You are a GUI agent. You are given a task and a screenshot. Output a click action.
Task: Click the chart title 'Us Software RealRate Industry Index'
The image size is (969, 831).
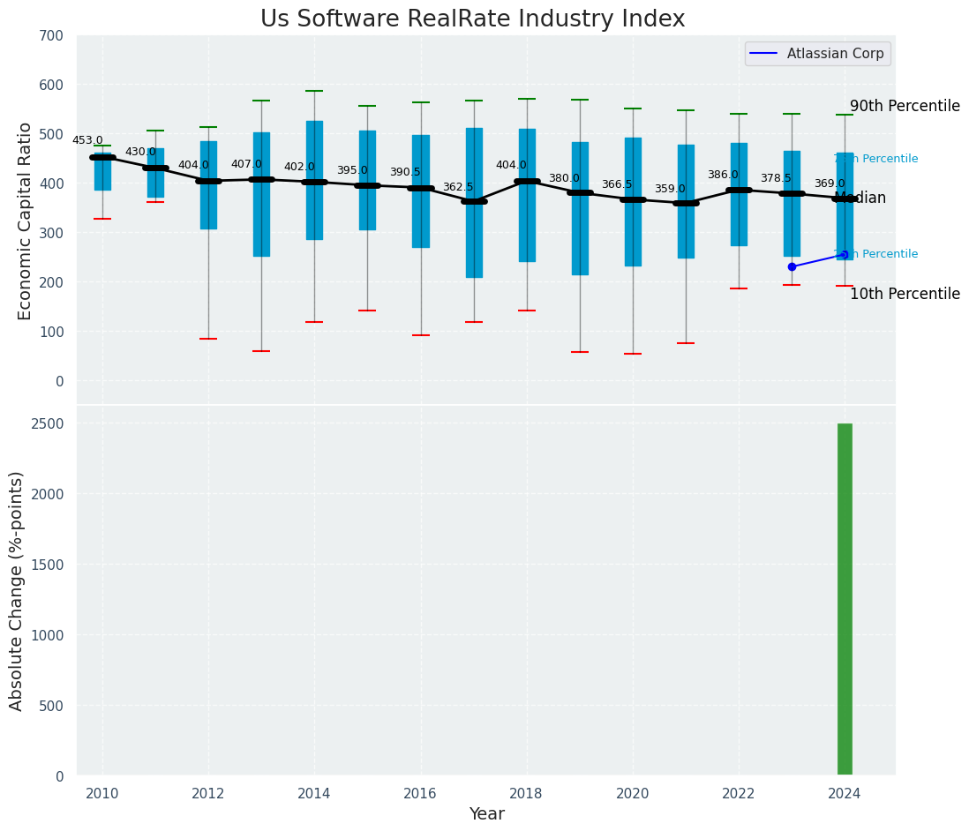pyautogui.click(x=472, y=19)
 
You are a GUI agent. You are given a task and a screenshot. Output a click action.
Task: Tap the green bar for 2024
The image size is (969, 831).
pyautogui.click(x=845, y=599)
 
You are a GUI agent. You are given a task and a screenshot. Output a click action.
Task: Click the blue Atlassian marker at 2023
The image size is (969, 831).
pyautogui.click(x=792, y=266)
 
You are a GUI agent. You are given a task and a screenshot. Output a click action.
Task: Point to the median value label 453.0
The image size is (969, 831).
pyautogui.click(x=87, y=140)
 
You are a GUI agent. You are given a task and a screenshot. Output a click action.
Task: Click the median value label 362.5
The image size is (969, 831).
pyautogui.click(x=458, y=187)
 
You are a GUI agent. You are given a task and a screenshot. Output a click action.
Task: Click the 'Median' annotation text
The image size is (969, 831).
pyautogui.click(x=860, y=198)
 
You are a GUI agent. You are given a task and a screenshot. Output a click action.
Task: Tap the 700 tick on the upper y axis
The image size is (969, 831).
pyautogui.click(x=51, y=35)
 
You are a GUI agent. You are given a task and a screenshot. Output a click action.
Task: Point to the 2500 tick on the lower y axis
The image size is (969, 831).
pyautogui.click(x=47, y=423)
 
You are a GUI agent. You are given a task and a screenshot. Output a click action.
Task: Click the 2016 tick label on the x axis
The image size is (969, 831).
pyautogui.click(x=420, y=793)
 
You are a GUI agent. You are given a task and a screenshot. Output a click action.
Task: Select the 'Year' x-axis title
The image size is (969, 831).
pyautogui.click(x=486, y=814)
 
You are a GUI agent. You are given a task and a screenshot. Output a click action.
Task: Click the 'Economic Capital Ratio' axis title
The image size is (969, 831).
pyautogui.click(x=25, y=221)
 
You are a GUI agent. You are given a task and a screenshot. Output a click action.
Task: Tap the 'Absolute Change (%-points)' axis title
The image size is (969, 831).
pyautogui.click(x=17, y=590)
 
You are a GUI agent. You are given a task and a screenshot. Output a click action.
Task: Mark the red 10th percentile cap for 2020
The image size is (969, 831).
pyautogui.click(x=633, y=354)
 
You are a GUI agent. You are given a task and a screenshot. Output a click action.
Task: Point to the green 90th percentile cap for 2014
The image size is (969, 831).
pyautogui.click(x=314, y=91)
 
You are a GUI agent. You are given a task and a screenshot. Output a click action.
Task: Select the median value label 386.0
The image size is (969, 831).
pyautogui.click(x=723, y=175)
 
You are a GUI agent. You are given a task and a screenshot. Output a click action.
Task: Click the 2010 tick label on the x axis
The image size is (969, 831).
pyautogui.click(x=102, y=793)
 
